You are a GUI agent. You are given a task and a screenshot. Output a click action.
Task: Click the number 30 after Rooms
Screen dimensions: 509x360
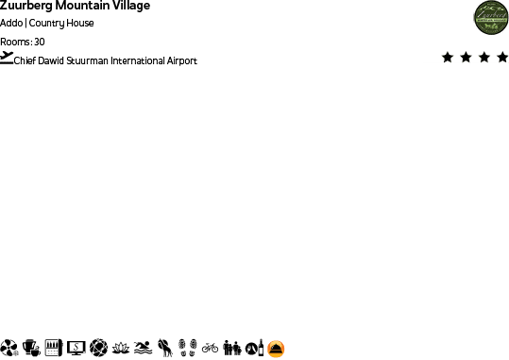[x=39, y=42]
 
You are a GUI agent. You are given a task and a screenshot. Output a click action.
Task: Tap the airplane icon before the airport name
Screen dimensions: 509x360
[x=8, y=58]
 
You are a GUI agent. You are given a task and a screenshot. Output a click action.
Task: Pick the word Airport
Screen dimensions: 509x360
[x=182, y=60]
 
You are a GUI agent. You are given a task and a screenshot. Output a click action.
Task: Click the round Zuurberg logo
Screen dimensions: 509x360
[x=491, y=18]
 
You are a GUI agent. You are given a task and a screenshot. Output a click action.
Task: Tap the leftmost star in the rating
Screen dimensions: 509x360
[x=447, y=58]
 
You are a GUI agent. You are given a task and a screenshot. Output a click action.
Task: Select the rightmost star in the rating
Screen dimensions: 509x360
[x=502, y=58]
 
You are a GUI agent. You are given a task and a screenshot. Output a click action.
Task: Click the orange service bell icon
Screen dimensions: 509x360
[x=277, y=349]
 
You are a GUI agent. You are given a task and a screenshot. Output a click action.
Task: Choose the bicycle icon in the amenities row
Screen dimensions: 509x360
[x=210, y=348]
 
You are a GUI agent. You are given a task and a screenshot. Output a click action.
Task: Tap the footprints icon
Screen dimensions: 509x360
[x=187, y=348]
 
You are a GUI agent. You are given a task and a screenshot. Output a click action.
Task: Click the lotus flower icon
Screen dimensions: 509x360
[x=120, y=348]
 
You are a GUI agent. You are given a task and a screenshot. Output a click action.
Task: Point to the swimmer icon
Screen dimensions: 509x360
[x=142, y=348]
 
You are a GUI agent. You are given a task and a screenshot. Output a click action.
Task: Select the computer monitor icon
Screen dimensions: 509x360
[x=76, y=348]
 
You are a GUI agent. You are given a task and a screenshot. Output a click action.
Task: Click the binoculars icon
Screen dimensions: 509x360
[x=232, y=348]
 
